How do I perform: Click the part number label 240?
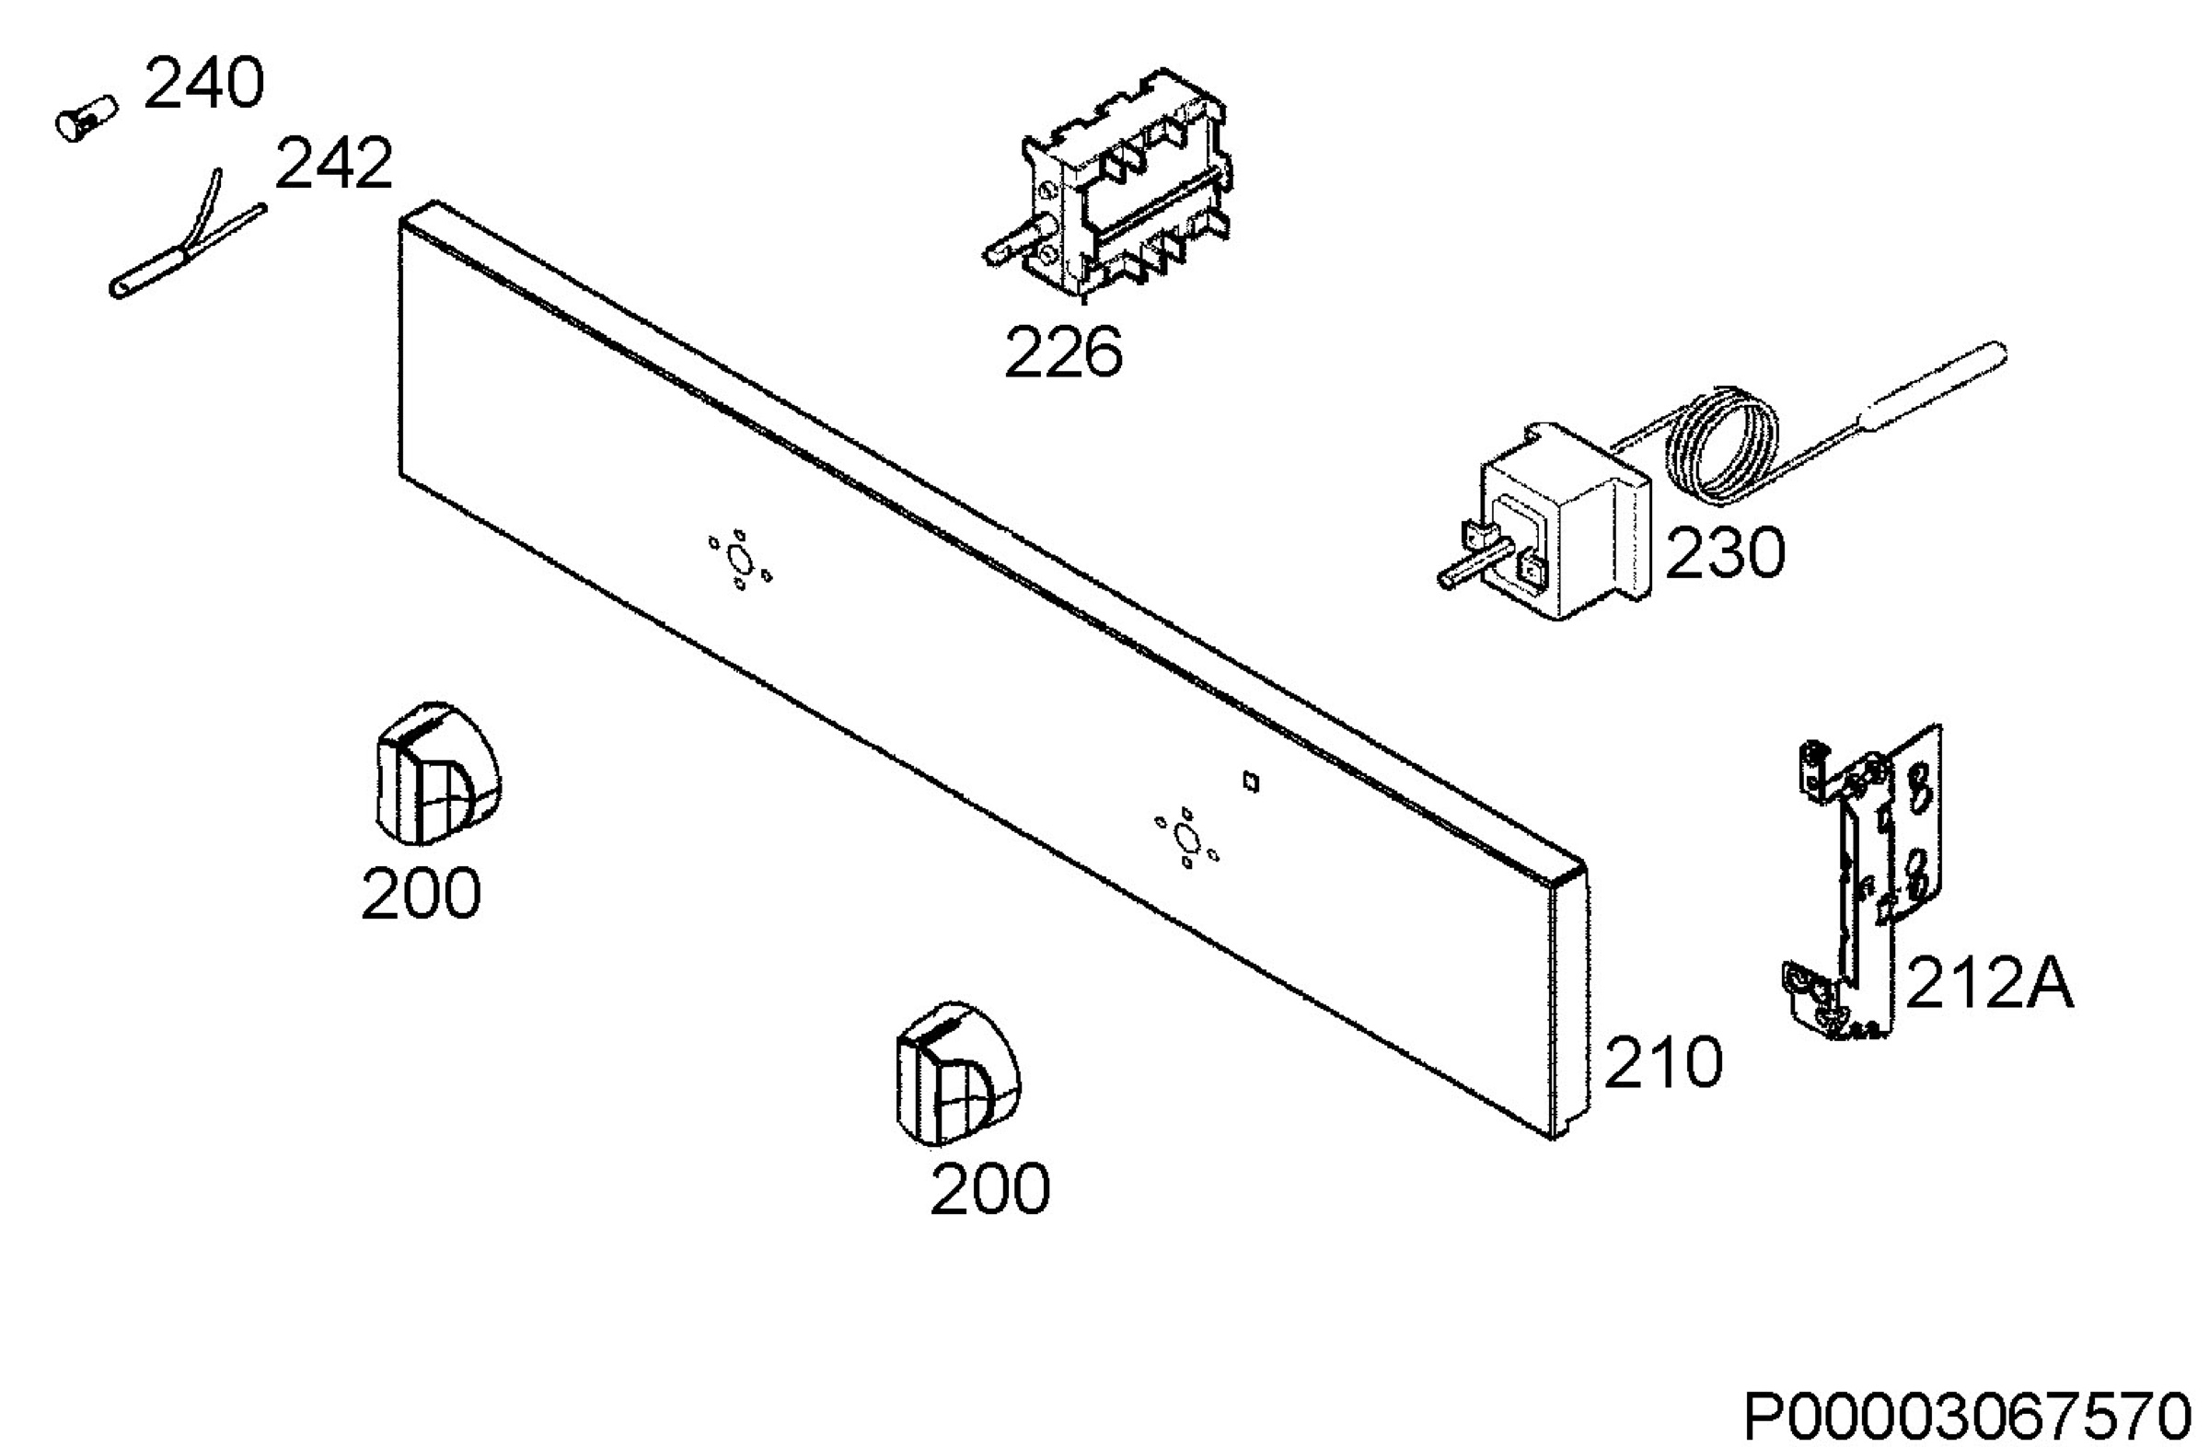click(x=204, y=84)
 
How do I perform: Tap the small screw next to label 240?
click(x=87, y=119)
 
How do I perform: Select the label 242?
click(x=334, y=164)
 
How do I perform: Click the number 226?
click(x=1064, y=353)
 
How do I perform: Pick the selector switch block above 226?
click(x=1109, y=186)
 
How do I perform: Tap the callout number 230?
click(x=1726, y=553)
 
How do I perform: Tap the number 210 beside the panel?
click(x=1663, y=1063)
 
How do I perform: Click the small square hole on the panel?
click(x=1251, y=782)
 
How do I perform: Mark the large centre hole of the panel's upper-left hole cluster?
click(x=740, y=560)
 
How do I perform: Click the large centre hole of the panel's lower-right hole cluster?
click(x=1185, y=839)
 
